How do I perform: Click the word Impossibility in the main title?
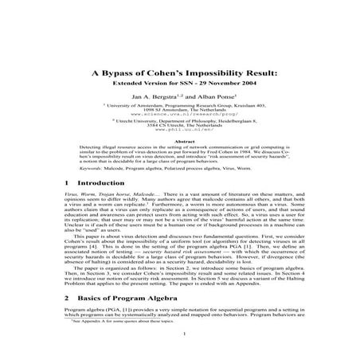[x=209, y=70]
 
